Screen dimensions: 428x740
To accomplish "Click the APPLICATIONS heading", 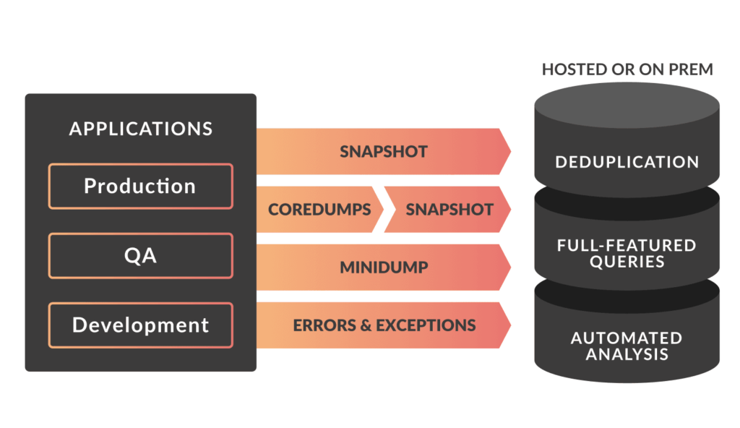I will [141, 129].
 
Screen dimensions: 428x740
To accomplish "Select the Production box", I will [140, 187].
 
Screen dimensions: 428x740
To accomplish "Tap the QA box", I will [140, 255].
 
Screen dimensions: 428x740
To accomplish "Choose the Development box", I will [140, 325].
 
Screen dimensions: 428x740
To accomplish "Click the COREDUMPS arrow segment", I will [319, 210].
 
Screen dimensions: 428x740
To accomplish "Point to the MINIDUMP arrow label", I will [384, 267].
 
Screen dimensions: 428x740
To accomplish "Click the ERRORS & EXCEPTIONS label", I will [384, 325].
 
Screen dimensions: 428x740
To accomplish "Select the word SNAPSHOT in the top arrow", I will [384, 152].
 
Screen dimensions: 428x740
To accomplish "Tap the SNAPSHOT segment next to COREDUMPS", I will [449, 210].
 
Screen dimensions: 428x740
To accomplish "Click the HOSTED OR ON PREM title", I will [627, 70].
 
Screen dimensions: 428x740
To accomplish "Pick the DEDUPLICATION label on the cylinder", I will [627, 162].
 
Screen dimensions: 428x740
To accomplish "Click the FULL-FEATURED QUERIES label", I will [627, 253].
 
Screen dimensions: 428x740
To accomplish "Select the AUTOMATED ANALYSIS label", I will [627, 346].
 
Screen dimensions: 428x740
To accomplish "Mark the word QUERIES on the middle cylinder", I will [627, 262].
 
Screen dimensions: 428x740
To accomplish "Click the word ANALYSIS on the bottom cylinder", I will [627, 354].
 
